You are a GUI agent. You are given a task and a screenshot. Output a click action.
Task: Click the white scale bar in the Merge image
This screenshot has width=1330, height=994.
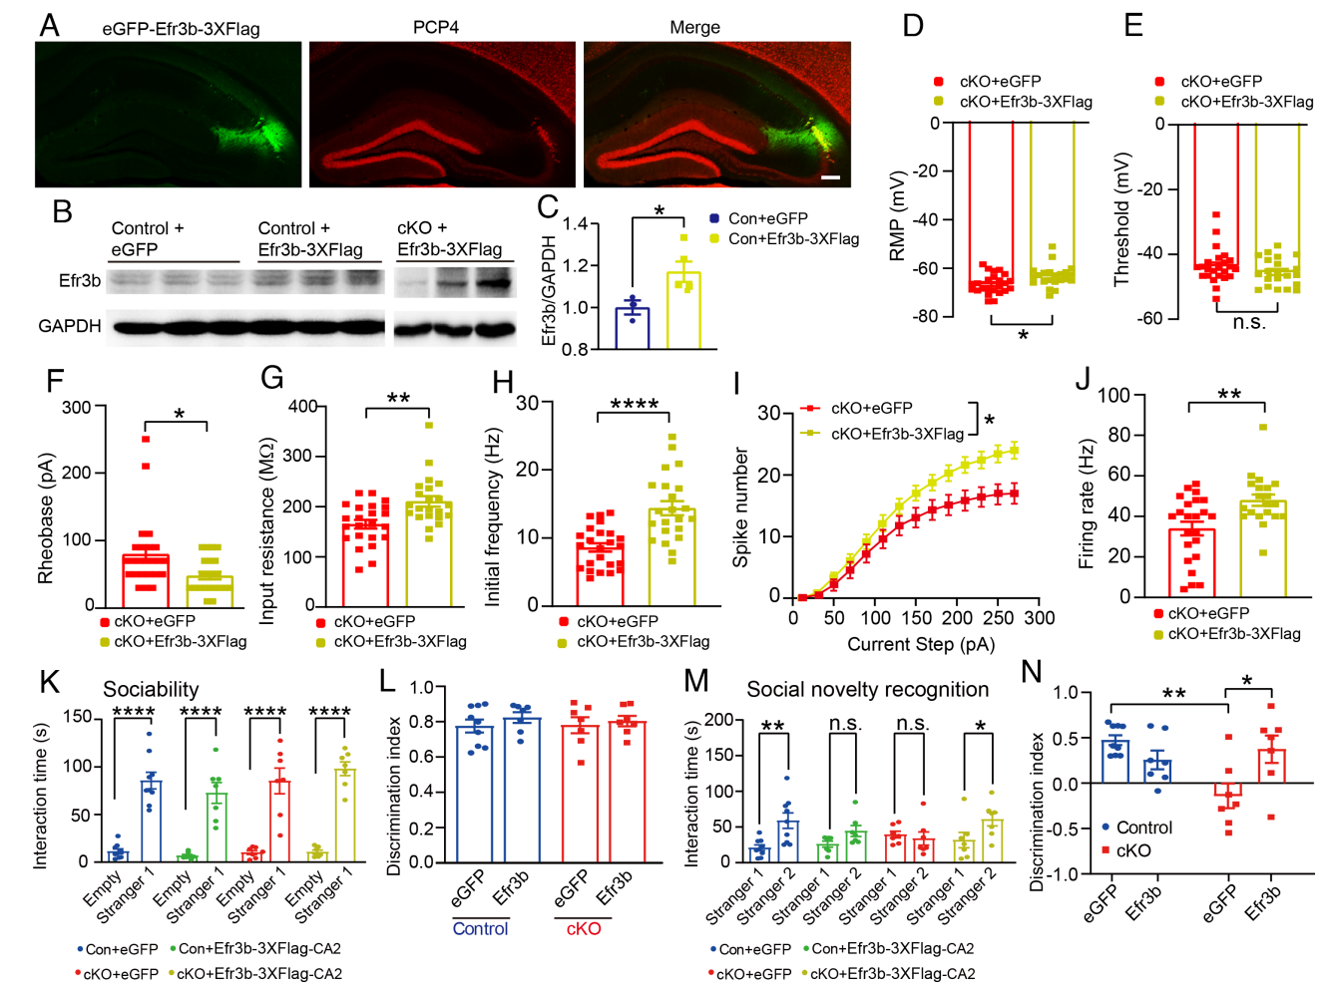pyautogui.click(x=830, y=178)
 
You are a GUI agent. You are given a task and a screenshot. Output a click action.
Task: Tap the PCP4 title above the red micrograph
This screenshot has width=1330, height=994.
pyautogui.click(x=436, y=27)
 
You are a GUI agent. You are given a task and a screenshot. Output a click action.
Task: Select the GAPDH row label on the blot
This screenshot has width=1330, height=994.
pyautogui.click(x=70, y=326)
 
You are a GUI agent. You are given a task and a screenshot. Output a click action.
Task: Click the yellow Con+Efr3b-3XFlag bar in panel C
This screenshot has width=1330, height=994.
pyautogui.click(x=683, y=310)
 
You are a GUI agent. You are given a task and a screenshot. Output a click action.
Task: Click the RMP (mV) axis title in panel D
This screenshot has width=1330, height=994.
pyautogui.click(x=897, y=216)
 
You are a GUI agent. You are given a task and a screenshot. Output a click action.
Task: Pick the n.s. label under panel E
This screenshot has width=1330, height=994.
pyautogui.click(x=1248, y=322)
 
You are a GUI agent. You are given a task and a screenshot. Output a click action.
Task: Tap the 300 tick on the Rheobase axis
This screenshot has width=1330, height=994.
pyautogui.click(x=77, y=407)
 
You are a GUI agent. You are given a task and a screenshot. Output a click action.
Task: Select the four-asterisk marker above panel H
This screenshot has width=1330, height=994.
pyautogui.click(x=634, y=404)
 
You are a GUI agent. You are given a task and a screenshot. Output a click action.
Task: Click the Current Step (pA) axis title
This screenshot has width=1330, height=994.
pyautogui.click(x=920, y=644)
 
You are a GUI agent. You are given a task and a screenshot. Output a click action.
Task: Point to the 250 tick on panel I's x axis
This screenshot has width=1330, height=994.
pyautogui.click(x=998, y=618)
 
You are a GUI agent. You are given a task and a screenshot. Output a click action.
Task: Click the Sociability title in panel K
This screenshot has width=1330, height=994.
pyautogui.click(x=151, y=689)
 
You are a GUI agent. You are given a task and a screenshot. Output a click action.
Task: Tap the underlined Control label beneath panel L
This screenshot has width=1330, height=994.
pyautogui.click(x=480, y=928)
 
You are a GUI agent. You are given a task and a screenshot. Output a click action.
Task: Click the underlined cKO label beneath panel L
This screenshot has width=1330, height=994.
pyautogui.click(x=584, y=928)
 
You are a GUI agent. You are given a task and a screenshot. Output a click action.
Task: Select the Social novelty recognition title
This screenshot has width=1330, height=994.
pyautogui.click(x=867, y=689)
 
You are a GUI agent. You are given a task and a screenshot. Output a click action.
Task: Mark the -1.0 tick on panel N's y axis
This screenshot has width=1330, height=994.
pyautogui.click(x=1066, y=874)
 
